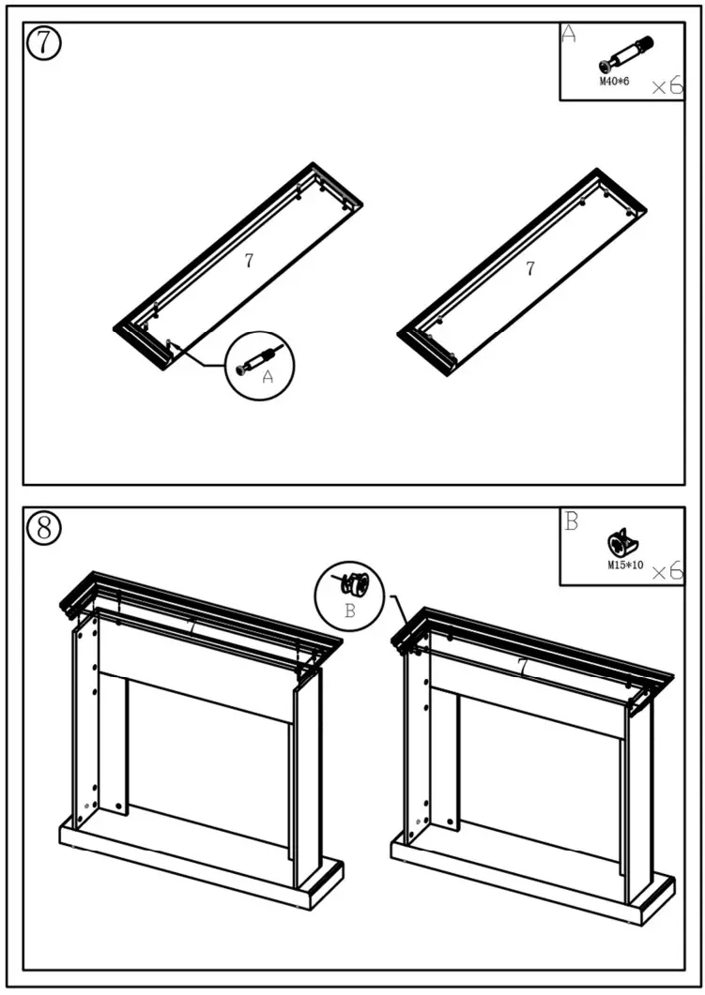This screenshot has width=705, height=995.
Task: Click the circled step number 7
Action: pyautogui.click(x=43, y=44)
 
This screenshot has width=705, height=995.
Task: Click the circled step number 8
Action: pyautogui.click(x=43, y=528)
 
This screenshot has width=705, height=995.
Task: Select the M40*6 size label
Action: pyautogui.click(x=614, y=82)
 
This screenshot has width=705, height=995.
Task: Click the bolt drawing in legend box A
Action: pyautogui.click(x=626, y=54)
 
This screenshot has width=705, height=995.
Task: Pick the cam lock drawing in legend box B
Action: pyautogui.click(x=621, y=543)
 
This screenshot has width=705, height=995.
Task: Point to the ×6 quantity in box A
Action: pyautogui.click(x=667, y=86)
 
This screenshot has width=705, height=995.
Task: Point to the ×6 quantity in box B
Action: pyautogui.click(x=667, y=570)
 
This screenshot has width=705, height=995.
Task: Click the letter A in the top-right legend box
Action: pyautogui.click(x=568, y=36)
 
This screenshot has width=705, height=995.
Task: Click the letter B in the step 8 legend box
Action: pyautogui.click(x=571, y=521)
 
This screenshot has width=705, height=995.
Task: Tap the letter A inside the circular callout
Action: pyautogui.click(x=268, y=377)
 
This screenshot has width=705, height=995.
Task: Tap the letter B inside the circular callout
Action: pyautogui.click(x=349, y=611)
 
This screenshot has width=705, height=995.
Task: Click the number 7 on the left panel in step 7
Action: pyautogui.click(x=249, y=262)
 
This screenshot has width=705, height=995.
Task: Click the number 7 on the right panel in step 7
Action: pyautogui.click(x=530, y=268)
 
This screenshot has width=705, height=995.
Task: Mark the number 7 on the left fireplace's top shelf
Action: pyautogui.click(x=192, y=626)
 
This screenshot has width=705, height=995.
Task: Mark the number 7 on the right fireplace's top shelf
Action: pyautogui.click(x=522, y=664)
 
